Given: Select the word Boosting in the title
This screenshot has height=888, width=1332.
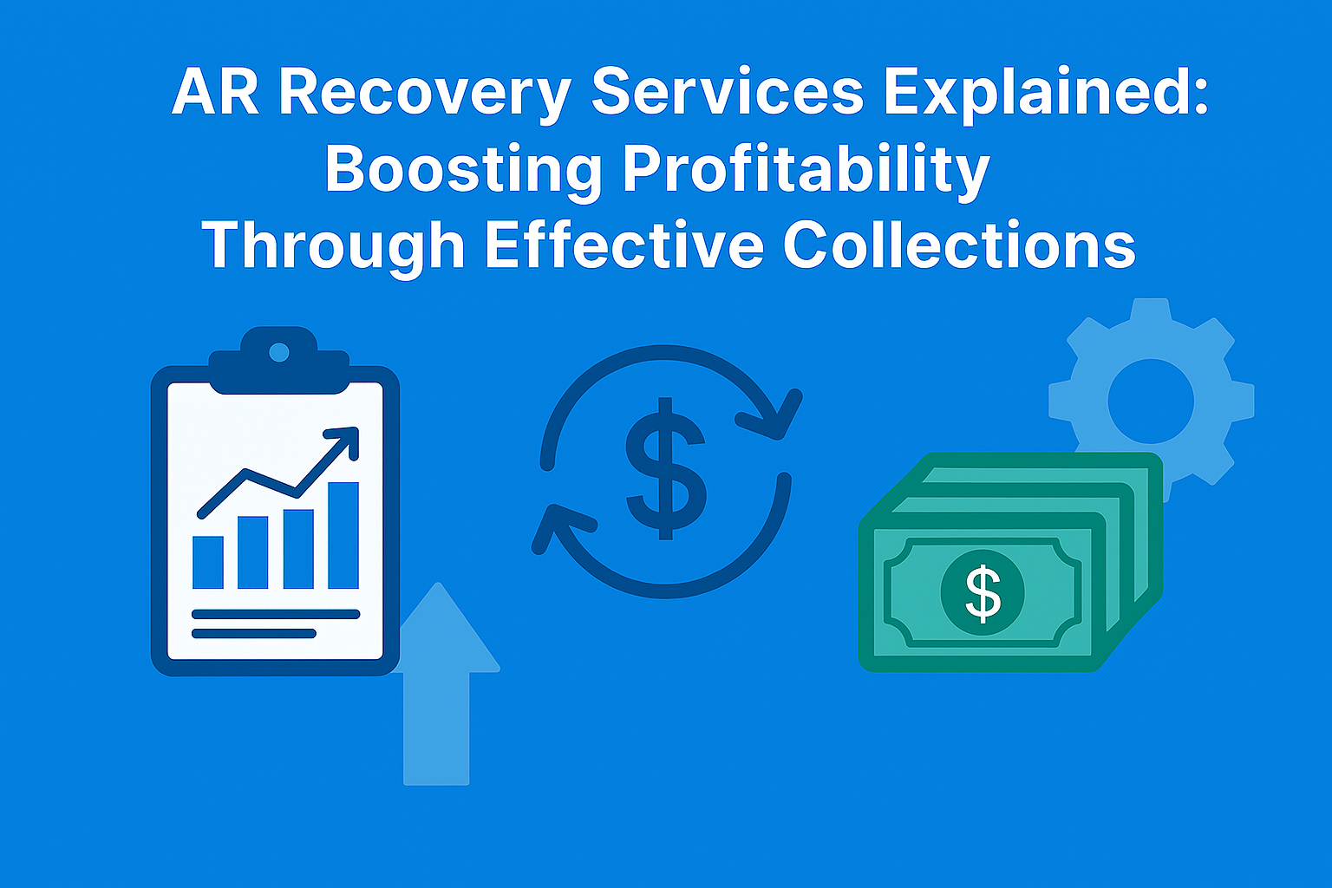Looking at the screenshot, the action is click(463, 169).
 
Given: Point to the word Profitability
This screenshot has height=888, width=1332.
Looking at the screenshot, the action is click(806, 169).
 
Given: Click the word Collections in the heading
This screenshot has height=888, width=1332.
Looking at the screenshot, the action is click(959, 245).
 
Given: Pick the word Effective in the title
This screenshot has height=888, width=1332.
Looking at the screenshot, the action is click(624, 245).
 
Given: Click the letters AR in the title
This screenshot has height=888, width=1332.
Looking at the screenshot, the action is click(215, 92).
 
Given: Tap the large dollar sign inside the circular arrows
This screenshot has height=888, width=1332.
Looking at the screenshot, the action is click(665, 468).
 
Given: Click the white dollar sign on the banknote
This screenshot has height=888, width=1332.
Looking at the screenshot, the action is click(983, 593).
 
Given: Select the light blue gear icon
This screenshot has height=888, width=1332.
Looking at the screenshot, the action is click(1152, 401).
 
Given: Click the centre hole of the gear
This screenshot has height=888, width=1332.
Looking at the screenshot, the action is click(1151, 401).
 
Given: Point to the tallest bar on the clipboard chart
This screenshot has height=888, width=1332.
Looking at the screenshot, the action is click(343, 535).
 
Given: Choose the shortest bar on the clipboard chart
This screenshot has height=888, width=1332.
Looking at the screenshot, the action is click(208, 563).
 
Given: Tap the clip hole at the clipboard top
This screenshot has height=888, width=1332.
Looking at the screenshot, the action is click(279, 352).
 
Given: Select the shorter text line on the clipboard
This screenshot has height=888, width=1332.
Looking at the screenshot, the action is click(254, 633).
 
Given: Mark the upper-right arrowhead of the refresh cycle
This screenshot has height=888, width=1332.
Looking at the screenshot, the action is click(773, 415).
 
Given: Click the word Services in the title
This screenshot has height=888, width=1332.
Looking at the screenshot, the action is click(728, 92).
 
